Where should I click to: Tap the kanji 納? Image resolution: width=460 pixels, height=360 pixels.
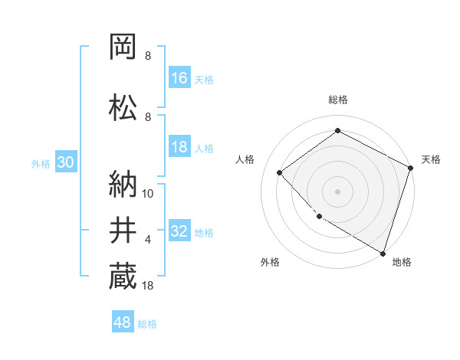point(123,185)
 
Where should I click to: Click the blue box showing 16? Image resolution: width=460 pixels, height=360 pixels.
point(179,77)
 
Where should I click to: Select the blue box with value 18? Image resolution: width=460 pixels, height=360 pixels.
point(179,148)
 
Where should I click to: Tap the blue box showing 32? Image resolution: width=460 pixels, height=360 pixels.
point(179,231)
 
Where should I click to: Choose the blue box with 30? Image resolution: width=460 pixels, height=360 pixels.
point(65,163)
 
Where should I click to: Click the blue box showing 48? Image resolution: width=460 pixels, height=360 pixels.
point(123,322)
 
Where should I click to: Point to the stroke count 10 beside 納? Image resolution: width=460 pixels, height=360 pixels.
point(148,194)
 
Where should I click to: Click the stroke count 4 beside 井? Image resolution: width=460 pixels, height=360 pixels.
point(148,240)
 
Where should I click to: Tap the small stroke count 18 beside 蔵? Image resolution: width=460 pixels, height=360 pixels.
point(148,286)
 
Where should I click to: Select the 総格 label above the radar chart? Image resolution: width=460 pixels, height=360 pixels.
point(337,100)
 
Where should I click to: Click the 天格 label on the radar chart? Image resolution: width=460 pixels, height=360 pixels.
point(431,159)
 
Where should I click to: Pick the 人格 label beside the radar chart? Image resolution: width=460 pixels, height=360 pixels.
point(245,159)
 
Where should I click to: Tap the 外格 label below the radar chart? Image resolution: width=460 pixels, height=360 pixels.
point(270,262)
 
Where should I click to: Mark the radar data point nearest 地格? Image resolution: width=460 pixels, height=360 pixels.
point(383,252)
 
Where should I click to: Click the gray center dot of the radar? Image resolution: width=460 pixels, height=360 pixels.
point(337,191)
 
